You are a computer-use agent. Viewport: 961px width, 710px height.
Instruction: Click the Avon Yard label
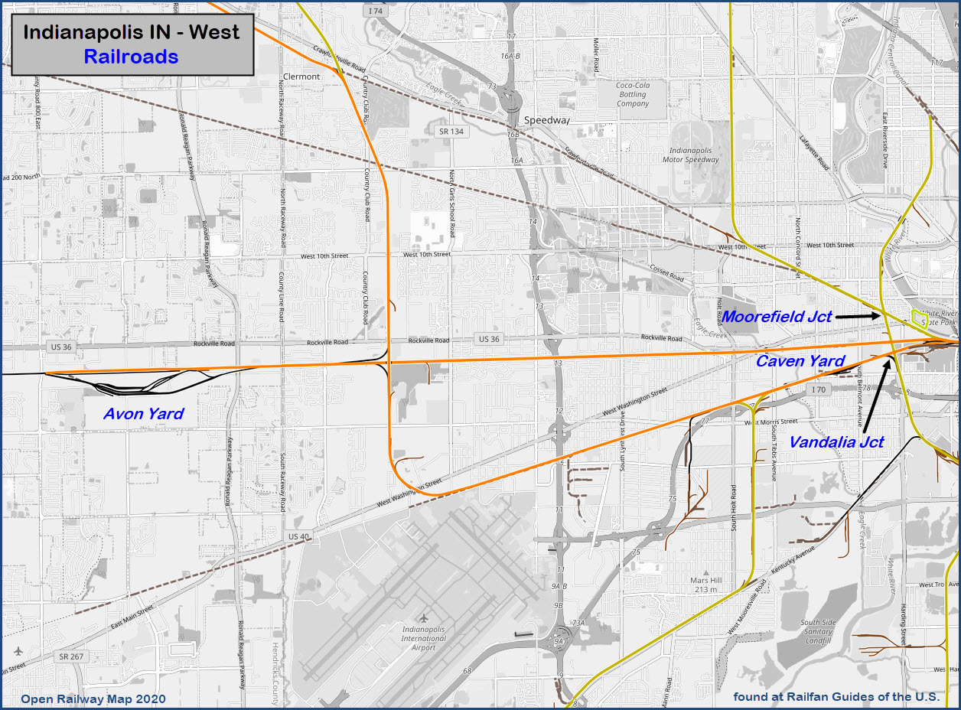(x=144, y=414)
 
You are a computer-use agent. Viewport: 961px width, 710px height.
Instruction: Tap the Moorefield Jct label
(x=777, y=316)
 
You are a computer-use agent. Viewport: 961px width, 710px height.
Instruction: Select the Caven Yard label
(x=800, y=361)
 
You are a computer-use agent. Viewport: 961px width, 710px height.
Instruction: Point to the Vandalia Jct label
(x=836, y=442)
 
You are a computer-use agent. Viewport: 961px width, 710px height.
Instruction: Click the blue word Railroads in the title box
(x=132, y=57)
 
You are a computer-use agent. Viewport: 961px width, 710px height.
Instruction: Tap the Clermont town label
(x=301, y=77)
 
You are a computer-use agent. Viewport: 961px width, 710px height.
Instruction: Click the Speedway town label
(x=547, y=120)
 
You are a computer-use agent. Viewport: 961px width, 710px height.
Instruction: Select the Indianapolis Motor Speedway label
(x=695, y=155)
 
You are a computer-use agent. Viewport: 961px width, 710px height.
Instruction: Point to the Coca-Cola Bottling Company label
(x=633, y=94)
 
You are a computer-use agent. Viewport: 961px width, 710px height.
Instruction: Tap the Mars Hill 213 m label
(x=706, y=584)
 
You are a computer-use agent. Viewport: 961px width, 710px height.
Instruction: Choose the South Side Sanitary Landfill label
(x=818, y=631)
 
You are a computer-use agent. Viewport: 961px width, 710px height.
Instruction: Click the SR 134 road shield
(x=451, y=132)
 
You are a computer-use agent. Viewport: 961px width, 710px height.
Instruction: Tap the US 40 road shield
(x=299, y=536)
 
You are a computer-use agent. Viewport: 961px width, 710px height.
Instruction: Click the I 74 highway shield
(x=374, y=11)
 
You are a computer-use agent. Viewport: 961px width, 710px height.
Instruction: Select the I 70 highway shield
(x=818, y=390)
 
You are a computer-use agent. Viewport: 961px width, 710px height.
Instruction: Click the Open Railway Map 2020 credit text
(x=93, y=699)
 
